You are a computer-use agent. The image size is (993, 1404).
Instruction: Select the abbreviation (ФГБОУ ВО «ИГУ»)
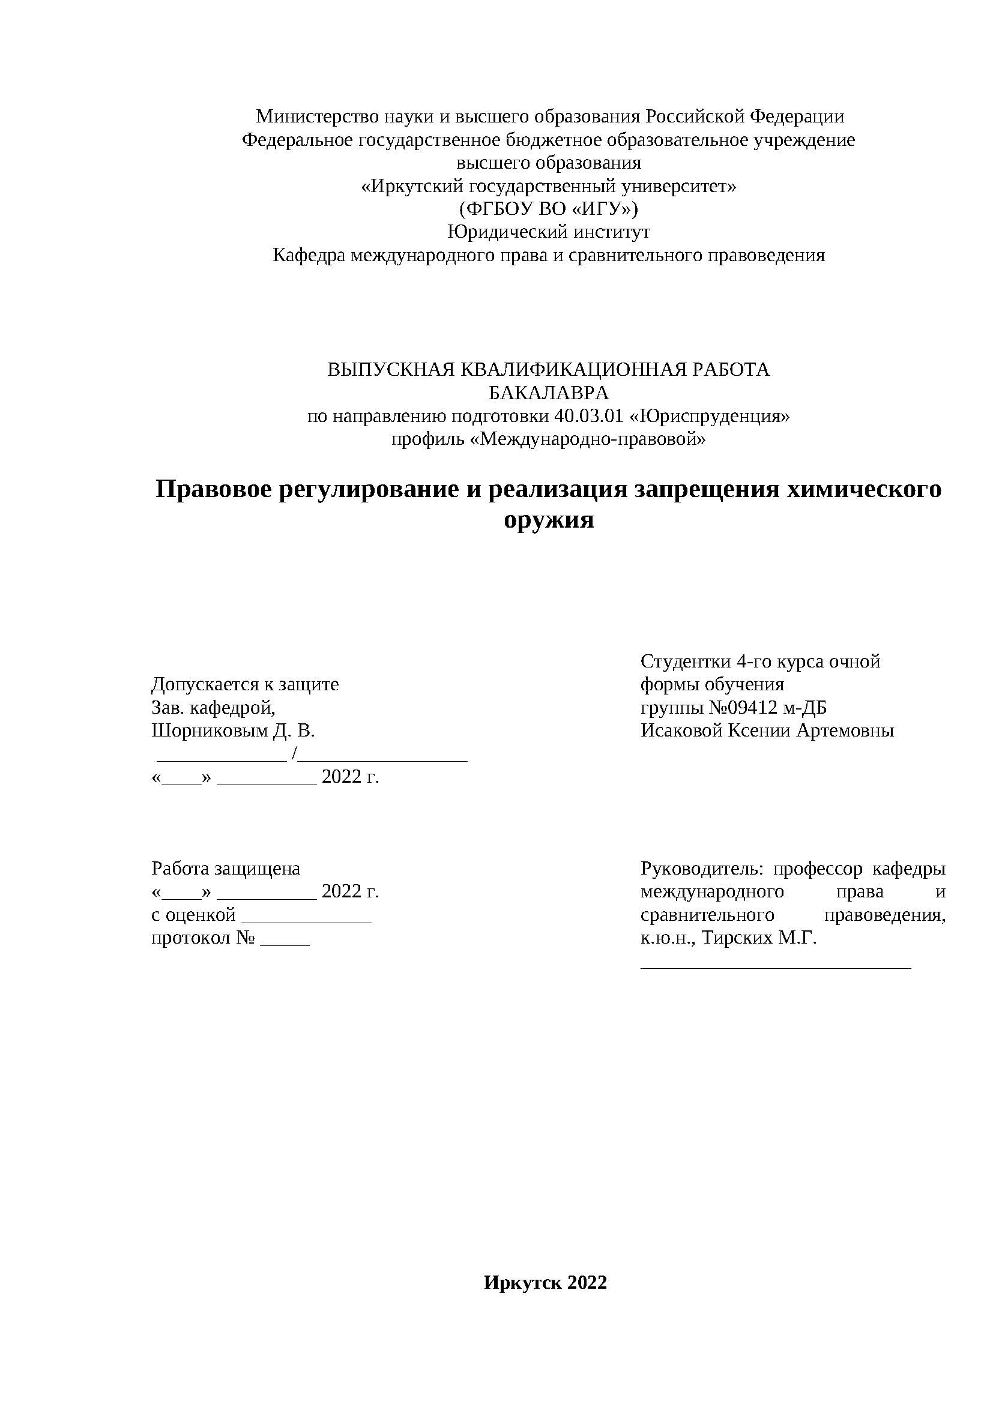(549, 209)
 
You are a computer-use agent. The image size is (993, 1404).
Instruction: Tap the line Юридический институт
(549, 232)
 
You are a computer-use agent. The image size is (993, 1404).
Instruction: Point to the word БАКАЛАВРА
(549, 393)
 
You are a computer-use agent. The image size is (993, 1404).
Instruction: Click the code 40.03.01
(588, 417)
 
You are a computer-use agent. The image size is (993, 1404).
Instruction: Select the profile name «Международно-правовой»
(588, 439)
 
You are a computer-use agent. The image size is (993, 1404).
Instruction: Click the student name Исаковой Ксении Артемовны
(767, 731)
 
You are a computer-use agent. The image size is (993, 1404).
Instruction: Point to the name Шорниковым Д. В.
(233, 731)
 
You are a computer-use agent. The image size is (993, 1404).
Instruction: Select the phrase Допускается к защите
(244, 684)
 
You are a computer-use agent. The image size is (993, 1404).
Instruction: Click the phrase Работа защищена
(226, 869)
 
